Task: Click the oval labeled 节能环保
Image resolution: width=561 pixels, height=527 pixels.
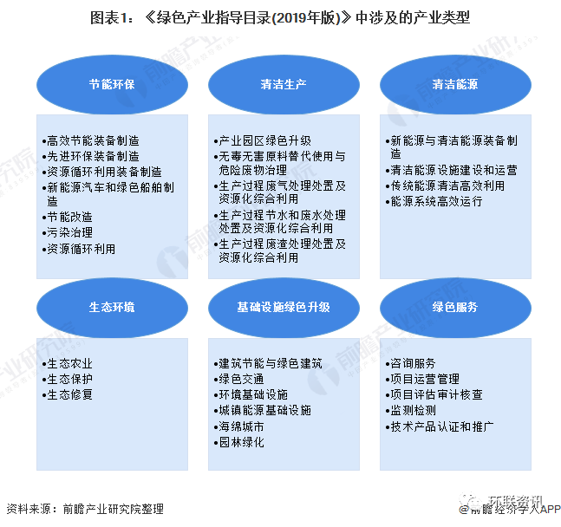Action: click(112, 84)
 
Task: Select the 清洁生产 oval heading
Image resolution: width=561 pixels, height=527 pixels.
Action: click(284, 84)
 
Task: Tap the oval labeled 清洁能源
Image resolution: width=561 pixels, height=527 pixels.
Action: click(455, 84)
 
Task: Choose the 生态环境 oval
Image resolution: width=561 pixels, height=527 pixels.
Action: click(112, 308)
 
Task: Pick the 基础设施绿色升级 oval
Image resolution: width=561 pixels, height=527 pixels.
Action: click(284, 308)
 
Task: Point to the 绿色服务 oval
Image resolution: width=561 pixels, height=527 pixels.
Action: click(455, 308)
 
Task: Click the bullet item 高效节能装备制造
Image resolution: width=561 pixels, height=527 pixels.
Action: click(91, 140)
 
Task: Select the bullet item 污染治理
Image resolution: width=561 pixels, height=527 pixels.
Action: click(68, 232)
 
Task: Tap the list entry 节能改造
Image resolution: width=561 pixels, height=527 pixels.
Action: click(68, 217)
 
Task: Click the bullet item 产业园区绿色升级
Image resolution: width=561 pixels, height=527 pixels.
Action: click(263, 140)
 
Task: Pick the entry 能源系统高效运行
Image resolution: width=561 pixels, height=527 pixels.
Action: click(434, 201)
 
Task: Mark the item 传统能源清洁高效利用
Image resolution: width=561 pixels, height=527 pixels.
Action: click(446, 185)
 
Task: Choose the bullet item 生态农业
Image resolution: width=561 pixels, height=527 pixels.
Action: click(68, 363)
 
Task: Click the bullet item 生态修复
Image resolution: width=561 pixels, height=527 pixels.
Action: click(68, 394)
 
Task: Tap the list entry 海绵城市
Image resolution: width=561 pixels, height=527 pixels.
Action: click(239, 426)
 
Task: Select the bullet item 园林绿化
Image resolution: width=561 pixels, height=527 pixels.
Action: click(239, 442)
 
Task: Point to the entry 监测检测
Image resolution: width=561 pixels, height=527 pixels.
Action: click(411, 410)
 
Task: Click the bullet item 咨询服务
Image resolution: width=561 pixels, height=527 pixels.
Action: click(411, 363)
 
